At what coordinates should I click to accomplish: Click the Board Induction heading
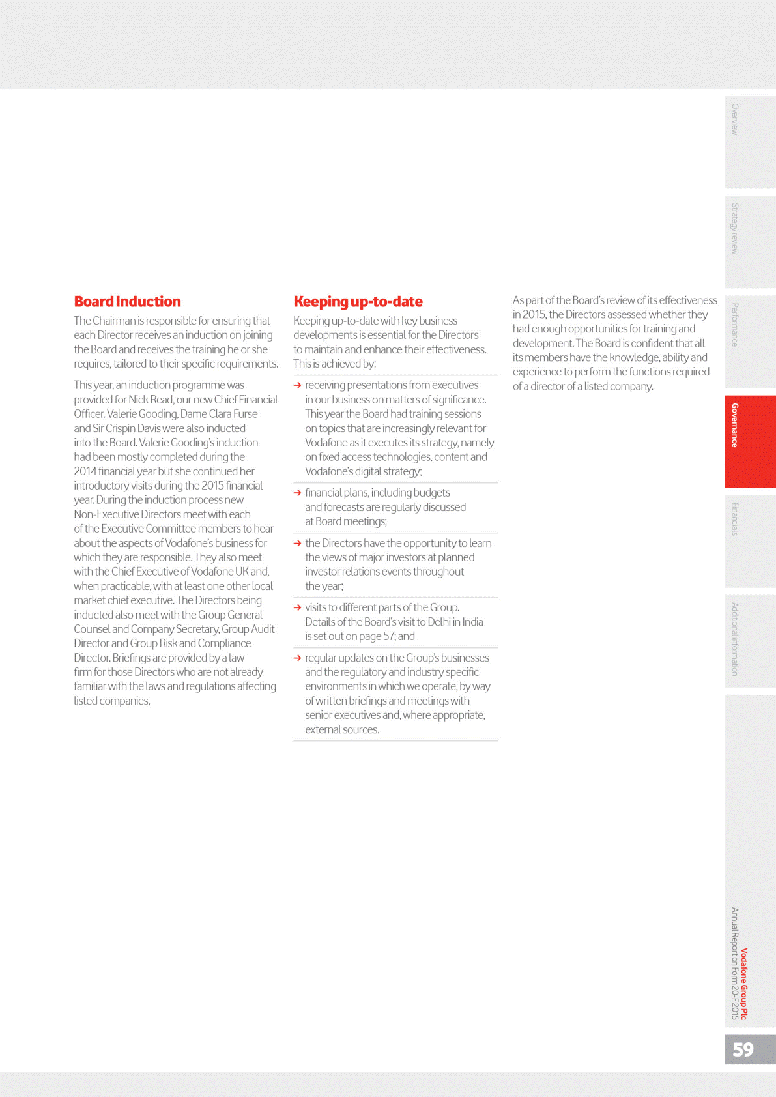click(127, 302)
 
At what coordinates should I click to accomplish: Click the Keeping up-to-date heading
click(358, 302)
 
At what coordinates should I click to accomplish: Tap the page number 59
click(743, 1049)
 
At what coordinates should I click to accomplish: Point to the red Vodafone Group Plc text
click(744, 984)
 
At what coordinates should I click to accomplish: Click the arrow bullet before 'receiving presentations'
click(298, 386)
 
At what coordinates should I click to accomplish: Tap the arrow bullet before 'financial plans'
click(298, 493)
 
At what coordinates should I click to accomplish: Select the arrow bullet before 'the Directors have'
click(298, 544)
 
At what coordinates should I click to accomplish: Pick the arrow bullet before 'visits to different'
click(298, 608)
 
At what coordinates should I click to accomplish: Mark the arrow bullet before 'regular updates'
click(298, 658)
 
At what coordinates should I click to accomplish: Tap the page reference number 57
click(389, 636)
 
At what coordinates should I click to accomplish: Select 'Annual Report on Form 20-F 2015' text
click(734, 963)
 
